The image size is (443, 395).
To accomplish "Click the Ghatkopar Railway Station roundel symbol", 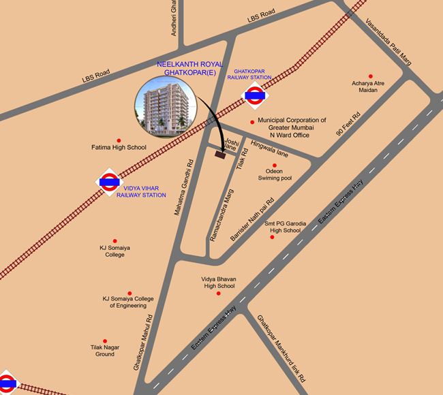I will click(255, 96).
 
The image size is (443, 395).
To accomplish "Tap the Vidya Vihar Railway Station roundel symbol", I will click(110, 182).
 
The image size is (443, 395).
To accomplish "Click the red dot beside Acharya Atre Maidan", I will click(371, 76).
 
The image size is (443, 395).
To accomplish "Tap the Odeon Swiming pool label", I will click(274, 175).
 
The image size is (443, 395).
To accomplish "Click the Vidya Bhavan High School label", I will click(218, 283).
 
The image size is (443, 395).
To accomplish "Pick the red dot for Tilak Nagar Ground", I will click(105, 341).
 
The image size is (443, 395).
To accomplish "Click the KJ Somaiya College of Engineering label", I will click(129, 302).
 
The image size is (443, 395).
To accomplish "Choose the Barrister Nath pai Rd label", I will click(253, 217).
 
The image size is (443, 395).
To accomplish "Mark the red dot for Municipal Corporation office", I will click(252, 123).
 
